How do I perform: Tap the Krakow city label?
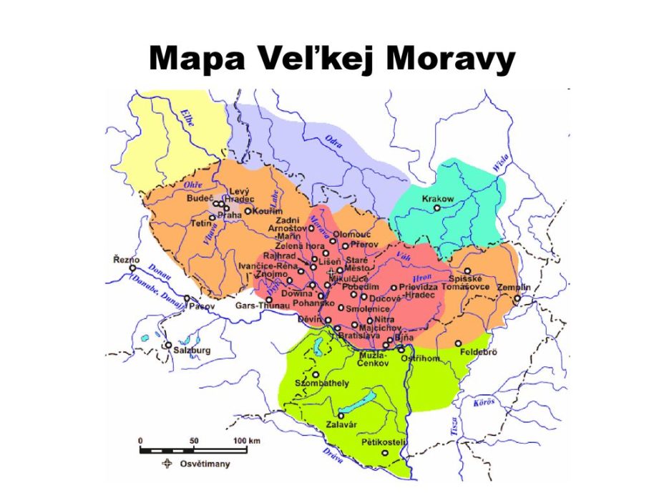[438, 198]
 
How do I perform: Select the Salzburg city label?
[192, 351]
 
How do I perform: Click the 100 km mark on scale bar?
[245, 440]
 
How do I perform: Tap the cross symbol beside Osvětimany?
[167, 464]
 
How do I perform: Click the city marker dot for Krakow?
[437, 208]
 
